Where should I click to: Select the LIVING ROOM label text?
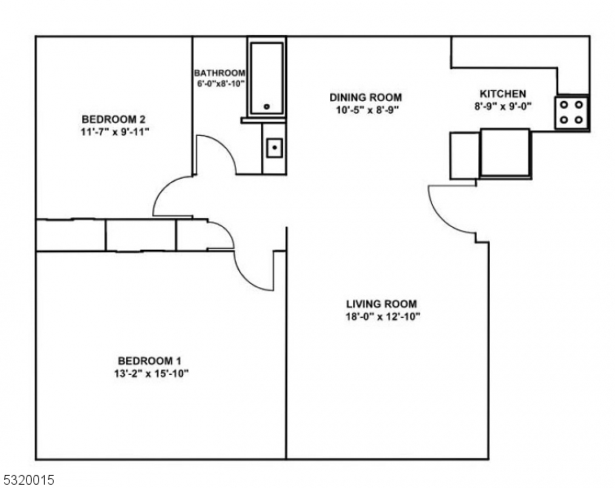pos(382,304)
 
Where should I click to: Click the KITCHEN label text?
pos(502,94)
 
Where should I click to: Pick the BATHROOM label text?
pos(219,72)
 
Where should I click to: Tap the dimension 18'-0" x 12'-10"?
pos(382,317)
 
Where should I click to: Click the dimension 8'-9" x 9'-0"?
pos(502,107)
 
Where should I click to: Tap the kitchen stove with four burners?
pos(572,112)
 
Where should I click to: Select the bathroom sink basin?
pos(274,147)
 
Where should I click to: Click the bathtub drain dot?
pos(266,107)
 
